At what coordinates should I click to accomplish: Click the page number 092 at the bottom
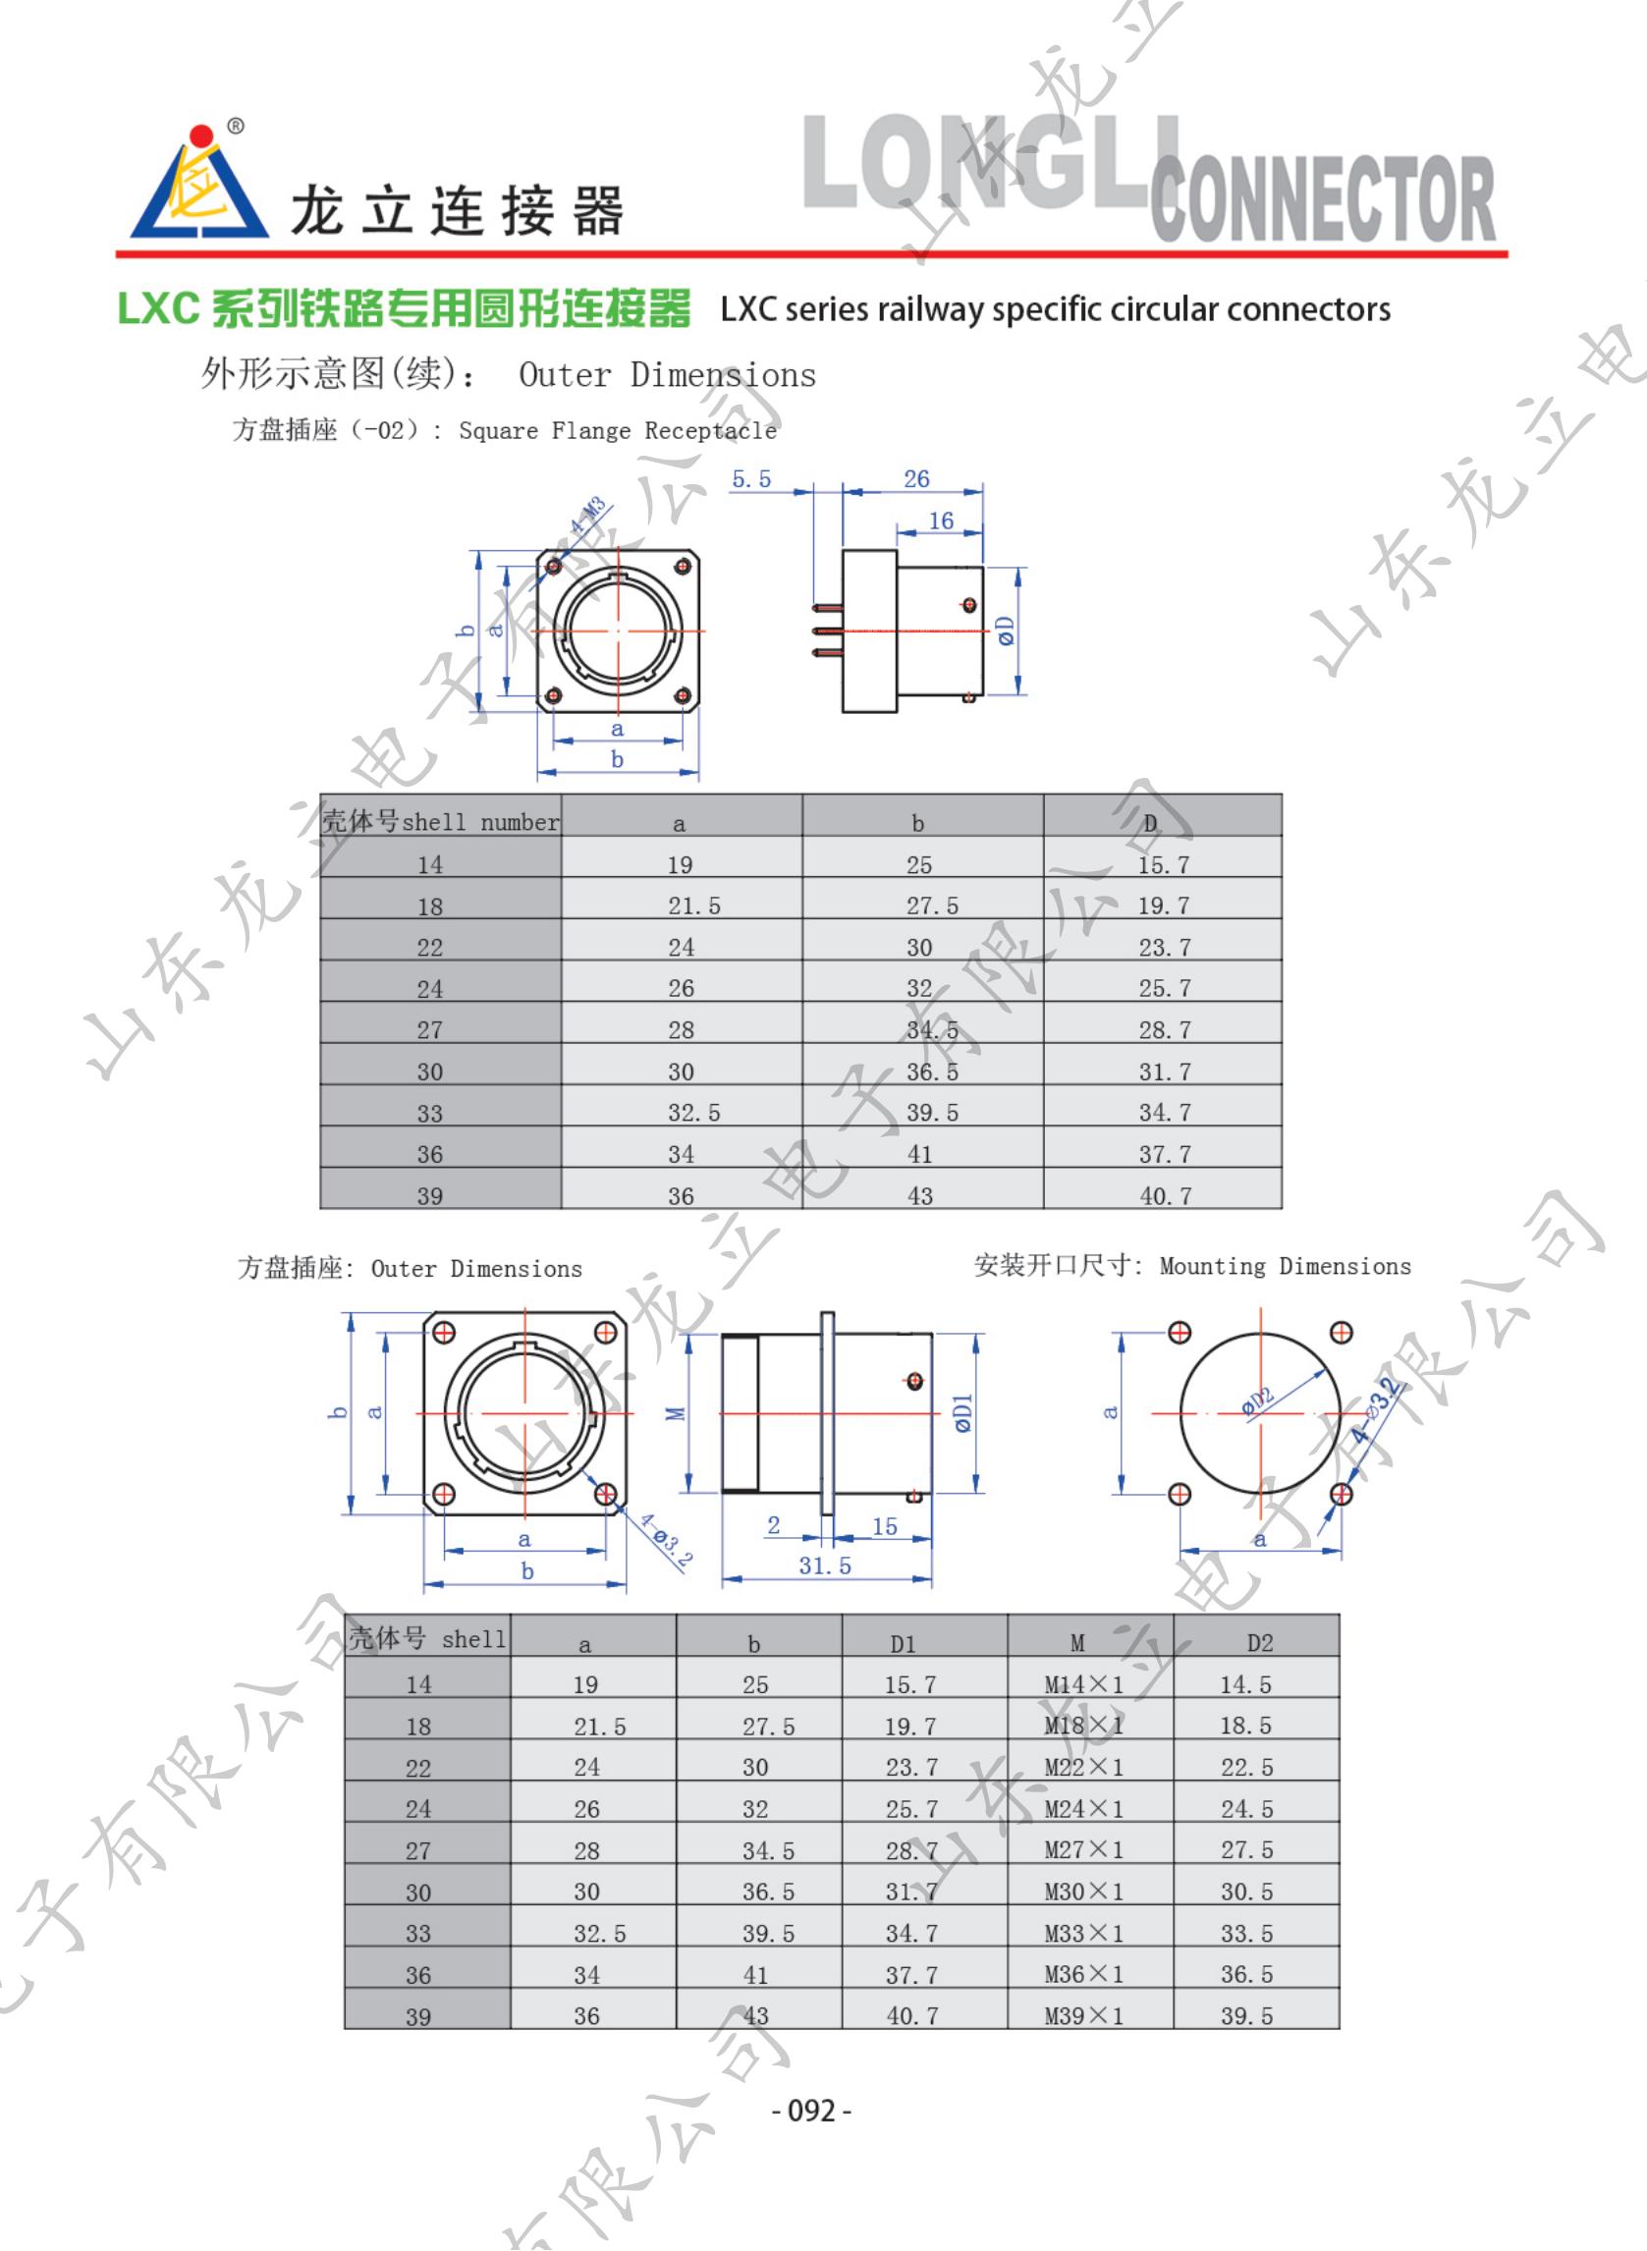tap(811, 2111)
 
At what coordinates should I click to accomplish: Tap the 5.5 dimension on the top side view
tap(750, 479)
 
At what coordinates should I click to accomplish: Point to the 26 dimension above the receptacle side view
tap(916, 479)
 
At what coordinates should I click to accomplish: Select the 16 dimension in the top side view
tap(941, 522)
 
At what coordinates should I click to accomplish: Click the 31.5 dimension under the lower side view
tap(826, 1566)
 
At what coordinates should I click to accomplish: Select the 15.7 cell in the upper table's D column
tap(1164, 865)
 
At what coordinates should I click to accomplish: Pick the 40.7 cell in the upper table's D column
tap(1165, 1195)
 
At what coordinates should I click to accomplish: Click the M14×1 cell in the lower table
tap(1083, 1684)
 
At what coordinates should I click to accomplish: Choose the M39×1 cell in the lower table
tap(1083, 2015)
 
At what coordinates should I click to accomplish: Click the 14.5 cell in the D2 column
tap(1246, 1684)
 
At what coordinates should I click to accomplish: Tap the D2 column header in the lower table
tap(1259, 1643)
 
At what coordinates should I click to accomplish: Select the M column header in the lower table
tap(1076, 1643)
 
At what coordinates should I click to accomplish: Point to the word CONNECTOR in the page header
tap(1322, 199)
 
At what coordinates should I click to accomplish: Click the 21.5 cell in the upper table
tap(694, 906)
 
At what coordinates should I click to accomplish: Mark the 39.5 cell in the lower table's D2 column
tap(1246, 2015)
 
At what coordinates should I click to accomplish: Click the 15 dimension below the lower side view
tap(884, 1527)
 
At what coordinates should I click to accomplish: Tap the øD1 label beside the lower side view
tap(963, 1413)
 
